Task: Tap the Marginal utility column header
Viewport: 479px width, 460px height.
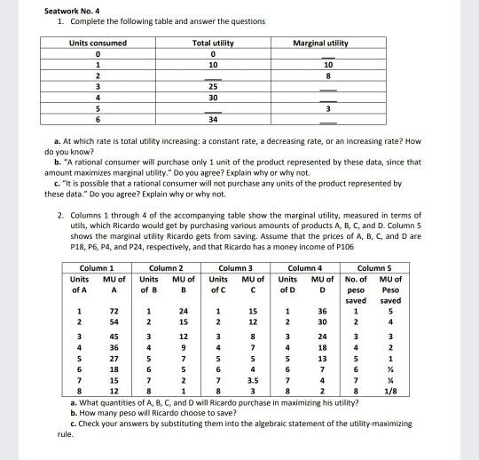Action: pyautogui.click(x=327, y=43)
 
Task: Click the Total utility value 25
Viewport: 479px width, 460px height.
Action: pyautogui.click(x=213, y=87)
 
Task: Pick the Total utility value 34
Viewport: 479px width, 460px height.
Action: pyautogui.click(x=213, y=120)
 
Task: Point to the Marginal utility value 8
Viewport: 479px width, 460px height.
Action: pyautogui.click(x=327, y=76)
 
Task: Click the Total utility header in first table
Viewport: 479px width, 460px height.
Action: pyautogui.click(x=213, y=43)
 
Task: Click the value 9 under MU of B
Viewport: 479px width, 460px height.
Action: pyautogui.click(x=184, y=347)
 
